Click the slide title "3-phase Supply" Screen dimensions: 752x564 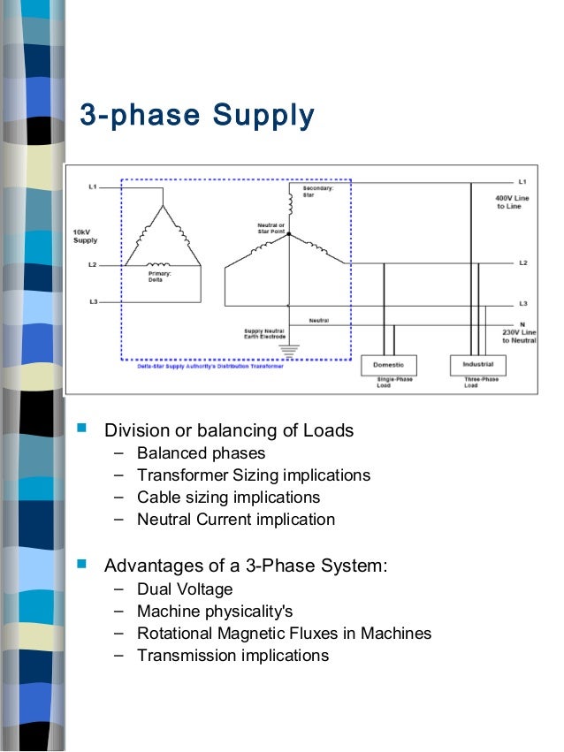[197, 115]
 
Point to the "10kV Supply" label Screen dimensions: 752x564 [85, 236]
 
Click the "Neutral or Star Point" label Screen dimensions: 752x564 [271, 228]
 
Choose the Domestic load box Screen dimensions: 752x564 [388, 365]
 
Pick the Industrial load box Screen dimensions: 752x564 [477, 364]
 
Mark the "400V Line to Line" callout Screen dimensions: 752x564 [512, 202]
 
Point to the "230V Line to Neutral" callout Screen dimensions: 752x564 [519, 335]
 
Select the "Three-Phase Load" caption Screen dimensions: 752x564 [481, 383]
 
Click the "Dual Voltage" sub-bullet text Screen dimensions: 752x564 [185, 589]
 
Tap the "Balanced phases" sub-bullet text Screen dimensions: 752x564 [201, 453]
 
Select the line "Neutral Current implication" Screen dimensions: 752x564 [235, 520]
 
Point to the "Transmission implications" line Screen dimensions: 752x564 [232, 655]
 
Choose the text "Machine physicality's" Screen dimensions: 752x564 [214, 611]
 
